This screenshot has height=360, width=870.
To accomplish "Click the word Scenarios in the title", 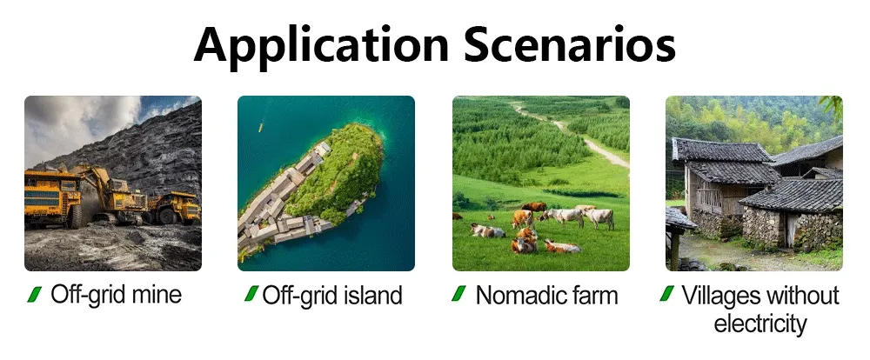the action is click(x=570, y=44).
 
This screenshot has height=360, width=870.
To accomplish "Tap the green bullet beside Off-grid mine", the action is click(x=35, y=294).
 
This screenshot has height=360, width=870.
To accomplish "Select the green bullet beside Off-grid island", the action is click(x=251, y=293).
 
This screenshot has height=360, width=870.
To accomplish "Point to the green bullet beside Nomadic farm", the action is click(x=458, y=293).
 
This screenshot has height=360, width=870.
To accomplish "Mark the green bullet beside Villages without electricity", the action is click(x=667, y=293).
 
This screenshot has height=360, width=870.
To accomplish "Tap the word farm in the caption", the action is click(x=597, y=295).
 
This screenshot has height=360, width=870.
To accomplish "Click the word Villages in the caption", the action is click(x=719, y=296).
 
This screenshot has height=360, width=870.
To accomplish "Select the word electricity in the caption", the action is click(x=760, y=323).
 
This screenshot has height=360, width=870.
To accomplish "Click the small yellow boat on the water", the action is click(x=260, y=128).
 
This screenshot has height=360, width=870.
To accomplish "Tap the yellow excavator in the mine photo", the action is click(x=111, y=192).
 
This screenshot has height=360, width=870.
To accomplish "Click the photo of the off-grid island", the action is click(x=326, y=183).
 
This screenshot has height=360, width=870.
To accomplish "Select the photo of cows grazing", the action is click(x=541, y=183).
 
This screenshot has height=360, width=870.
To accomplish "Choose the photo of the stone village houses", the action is click(x=754, y=183).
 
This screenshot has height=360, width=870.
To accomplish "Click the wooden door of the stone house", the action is click(x=790, y=230).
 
